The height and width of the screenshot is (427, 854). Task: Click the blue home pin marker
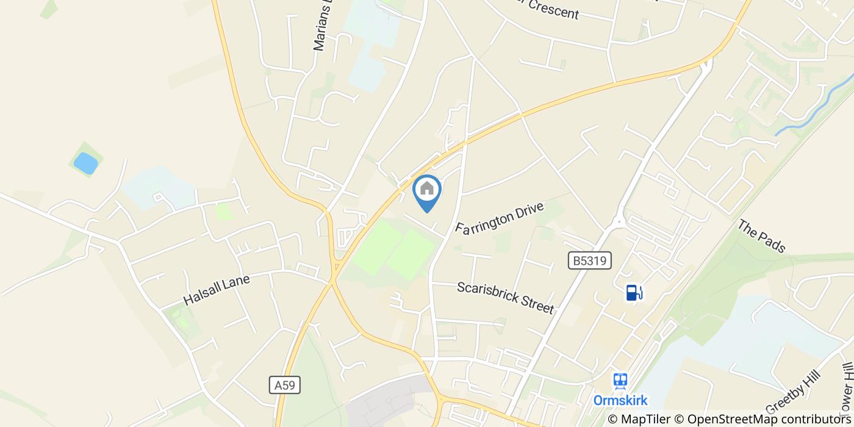point(427,190)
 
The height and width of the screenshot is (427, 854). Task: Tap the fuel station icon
point(634,293)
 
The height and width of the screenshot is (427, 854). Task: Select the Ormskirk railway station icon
point(620,381)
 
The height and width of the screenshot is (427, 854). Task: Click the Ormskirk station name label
point(620,401)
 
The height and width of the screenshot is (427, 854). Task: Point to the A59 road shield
point(285,385)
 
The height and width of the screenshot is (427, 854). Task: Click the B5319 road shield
point(589,260)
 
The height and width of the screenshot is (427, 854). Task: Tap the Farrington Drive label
point(499,218)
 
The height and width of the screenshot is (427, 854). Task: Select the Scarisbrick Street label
point(505,297)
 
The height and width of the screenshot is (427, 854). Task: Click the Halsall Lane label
point(217,289)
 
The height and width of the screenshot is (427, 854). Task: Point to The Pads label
point(761,236)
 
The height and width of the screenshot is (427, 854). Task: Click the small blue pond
point(85,163)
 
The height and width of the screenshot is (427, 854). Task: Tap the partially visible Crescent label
point(552,9)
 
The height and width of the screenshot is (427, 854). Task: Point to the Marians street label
point(323,27)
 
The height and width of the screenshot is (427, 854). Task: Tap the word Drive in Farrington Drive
point(525,211)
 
